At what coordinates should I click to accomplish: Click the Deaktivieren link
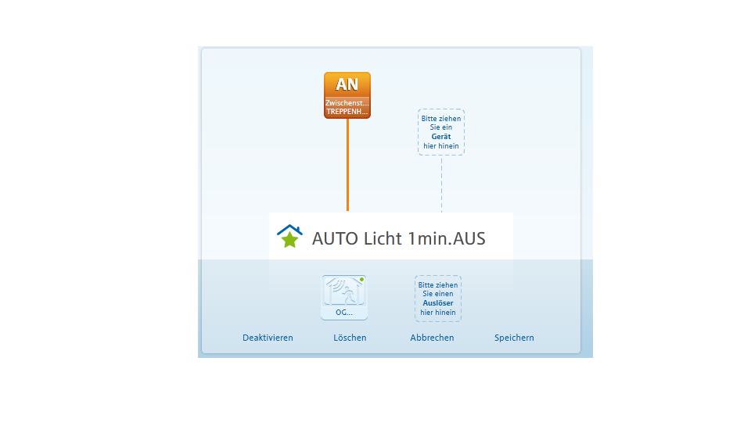(x=268, y=338)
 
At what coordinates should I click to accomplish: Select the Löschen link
(x=350, y=338)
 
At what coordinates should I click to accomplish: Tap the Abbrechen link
(x=432, y=338)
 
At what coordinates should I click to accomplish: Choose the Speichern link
(x=514, y=338)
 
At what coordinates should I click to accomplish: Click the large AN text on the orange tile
(x=347, y=84)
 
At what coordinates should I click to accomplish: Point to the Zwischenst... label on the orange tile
(x=347, y=103)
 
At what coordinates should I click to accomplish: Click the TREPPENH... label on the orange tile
(x=347, y=112)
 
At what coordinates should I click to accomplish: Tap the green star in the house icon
(x=289, y=239)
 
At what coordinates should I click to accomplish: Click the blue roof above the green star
(x=289, y=230)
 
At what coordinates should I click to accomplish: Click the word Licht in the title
(x=383, y=238)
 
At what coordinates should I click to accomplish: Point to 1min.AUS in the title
(x=447, y=238)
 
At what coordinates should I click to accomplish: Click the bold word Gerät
(x=441, y=136)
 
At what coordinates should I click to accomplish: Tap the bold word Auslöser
(x=438, y=303)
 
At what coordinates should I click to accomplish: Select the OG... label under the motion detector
(x=344, y=313)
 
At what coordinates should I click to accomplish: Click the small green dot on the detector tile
(x=361, y=280)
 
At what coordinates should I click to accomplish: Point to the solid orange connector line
(x=347, y=165)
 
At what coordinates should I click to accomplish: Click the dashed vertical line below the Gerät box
(x=441, y=184)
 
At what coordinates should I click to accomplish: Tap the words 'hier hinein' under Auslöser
(x=438, y=313)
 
